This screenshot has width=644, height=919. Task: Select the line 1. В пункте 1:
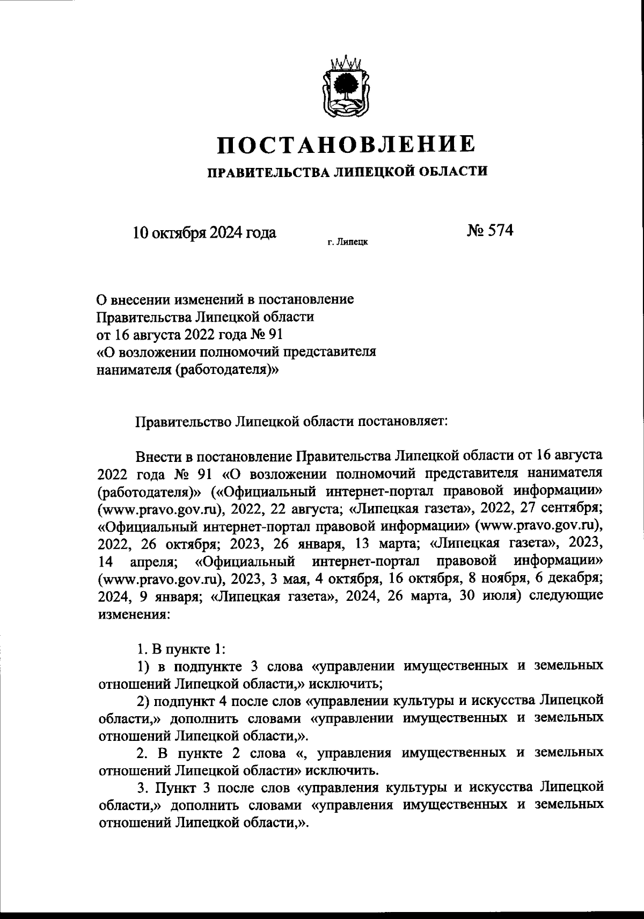(x=181, y=649)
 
